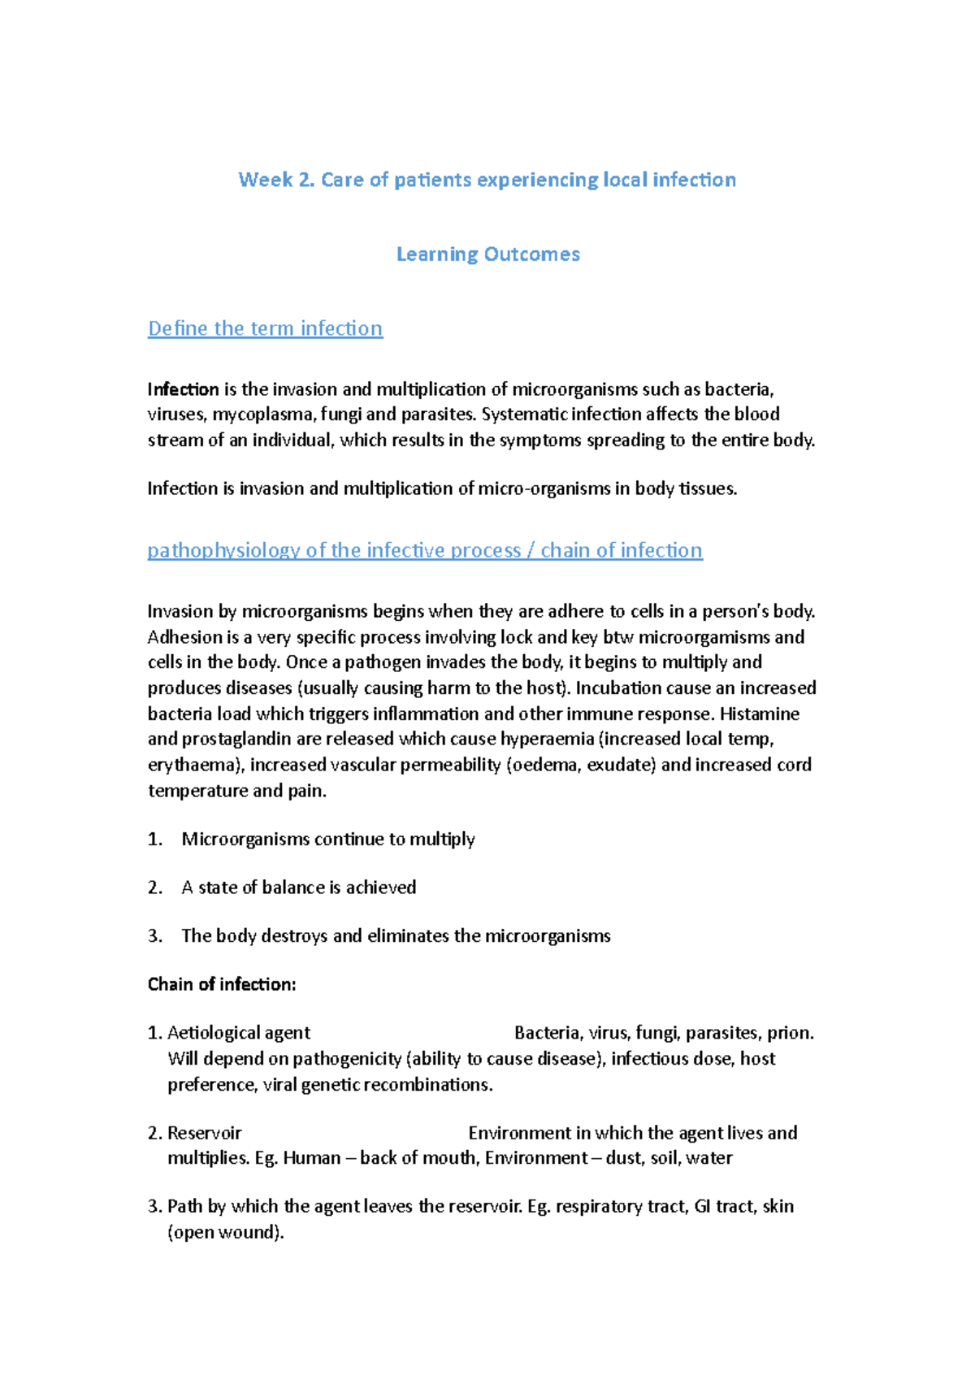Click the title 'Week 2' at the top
coord(275,180)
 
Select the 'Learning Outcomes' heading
coord(487,254)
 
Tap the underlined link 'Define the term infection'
coord(265,328)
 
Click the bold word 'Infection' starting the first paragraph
coord(183,389)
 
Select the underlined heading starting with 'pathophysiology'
coord(424,550)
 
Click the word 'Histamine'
coord(759,714)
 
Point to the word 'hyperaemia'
coord(548,739)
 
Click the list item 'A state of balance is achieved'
coord(298,887)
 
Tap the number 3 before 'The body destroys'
coord(154,936)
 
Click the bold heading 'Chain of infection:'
coord(222,984)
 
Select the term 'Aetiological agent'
coord(238,1033)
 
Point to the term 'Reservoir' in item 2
coord(204,1133)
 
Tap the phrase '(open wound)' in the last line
coord(225,1232)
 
